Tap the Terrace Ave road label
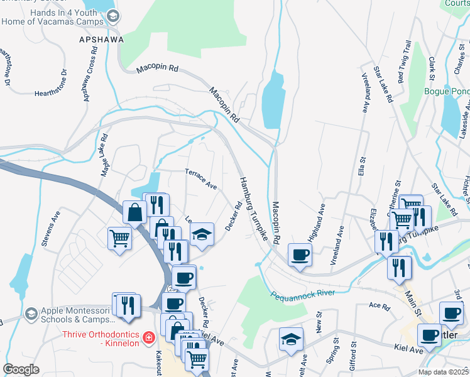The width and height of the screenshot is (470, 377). (200, 178)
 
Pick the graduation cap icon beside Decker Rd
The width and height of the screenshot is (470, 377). (201, 234)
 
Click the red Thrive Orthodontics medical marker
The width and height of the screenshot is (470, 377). (148, 338)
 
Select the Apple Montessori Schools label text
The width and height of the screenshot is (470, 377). (77, 314)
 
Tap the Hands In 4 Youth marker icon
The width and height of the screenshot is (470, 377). (113, 16)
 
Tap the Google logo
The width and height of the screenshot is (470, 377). (21, 369)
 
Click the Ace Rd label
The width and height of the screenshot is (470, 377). (380, 305)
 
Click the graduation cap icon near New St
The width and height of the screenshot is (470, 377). (291, 339)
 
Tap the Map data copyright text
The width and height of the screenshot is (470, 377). (444, 372)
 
